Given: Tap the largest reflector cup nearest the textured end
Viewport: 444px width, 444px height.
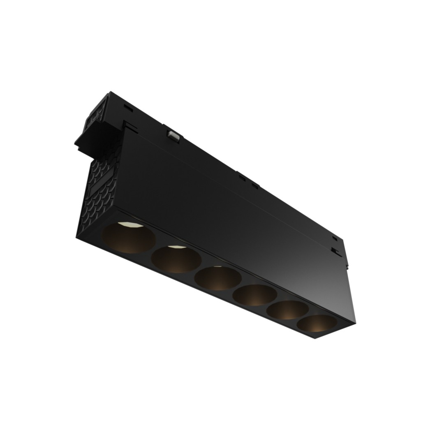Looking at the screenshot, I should [x=128, y=238].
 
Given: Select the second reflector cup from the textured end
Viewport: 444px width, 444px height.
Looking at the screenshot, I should [x=176, y=259].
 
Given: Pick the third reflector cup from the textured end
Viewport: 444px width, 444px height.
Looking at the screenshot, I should [x=218, y=278].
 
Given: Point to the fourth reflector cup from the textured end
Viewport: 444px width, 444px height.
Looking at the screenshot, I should [x=255, y=295].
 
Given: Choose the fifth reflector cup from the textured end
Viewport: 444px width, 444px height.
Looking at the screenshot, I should [x=287, y=310].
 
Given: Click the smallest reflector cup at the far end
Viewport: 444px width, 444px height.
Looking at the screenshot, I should [x=317, y=324].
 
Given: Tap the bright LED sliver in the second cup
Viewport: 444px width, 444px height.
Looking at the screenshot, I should [x=176, y=247].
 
